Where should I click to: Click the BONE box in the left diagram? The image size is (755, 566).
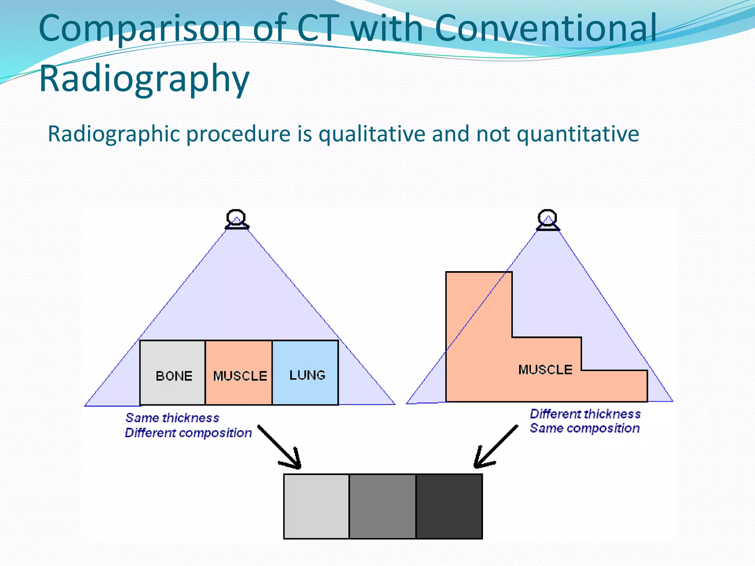(173, 372)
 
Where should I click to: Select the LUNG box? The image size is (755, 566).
(305, 372)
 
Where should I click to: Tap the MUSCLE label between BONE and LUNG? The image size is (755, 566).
(240, 376)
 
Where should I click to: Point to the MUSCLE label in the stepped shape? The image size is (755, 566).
(545, 370)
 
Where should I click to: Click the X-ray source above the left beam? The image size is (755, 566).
(236, 219)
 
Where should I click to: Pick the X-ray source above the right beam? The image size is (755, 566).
(547, 220)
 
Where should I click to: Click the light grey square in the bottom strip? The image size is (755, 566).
(317, 506)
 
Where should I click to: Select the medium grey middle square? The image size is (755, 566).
(383, 506)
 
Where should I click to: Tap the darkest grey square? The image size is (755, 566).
(449, 506)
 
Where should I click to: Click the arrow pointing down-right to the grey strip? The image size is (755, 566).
(279, 447)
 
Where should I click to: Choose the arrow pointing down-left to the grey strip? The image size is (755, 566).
(495, 447)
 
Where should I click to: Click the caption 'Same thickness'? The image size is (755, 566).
(172, 418)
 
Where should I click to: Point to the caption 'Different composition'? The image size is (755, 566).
(188, 433)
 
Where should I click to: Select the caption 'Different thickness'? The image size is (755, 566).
(585, 414)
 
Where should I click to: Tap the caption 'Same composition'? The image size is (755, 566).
(585, 428)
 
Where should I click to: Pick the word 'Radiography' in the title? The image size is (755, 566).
(144, 78)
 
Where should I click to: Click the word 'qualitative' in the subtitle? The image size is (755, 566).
(372, 134)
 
